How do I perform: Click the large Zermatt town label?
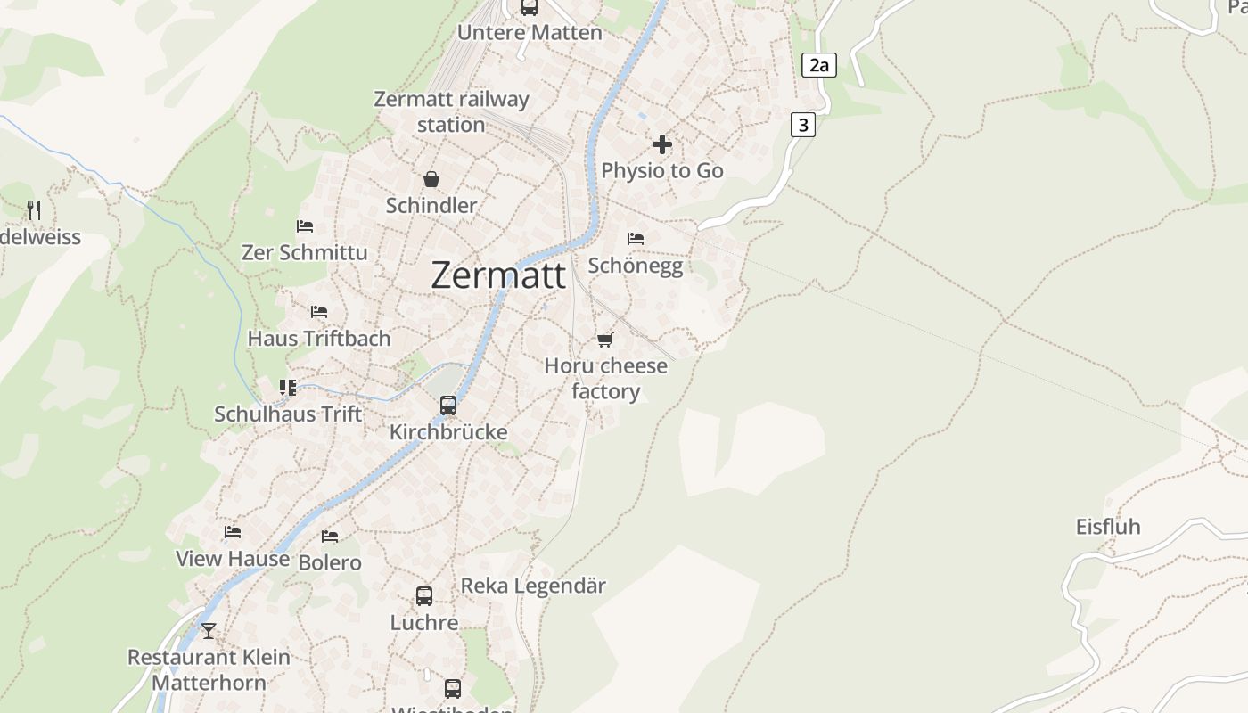pos(497,275)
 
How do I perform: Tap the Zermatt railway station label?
pos(451,111)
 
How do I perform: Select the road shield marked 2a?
pos(819,65)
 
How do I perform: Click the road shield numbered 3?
pos(803,125)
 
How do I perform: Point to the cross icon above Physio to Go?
pos(662,143)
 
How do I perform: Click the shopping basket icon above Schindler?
pos(431,179)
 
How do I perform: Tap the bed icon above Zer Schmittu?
pos(305,226)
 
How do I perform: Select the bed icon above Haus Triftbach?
pos(319,312)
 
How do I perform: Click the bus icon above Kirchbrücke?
pos(448,406)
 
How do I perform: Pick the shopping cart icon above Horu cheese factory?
pos(605,340)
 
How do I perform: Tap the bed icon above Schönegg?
pos(636,239)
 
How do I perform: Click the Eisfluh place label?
pos(1108,527)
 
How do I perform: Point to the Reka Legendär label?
pos(533,586)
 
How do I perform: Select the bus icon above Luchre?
pos(424,596)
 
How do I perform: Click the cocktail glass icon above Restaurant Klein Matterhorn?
pos(209,631)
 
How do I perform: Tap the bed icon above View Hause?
pos(233,532)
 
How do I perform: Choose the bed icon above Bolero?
pos(330,537)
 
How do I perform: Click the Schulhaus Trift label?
pos(288,414)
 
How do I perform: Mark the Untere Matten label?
pos(530,33)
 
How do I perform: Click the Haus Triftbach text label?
pos(319,339)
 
